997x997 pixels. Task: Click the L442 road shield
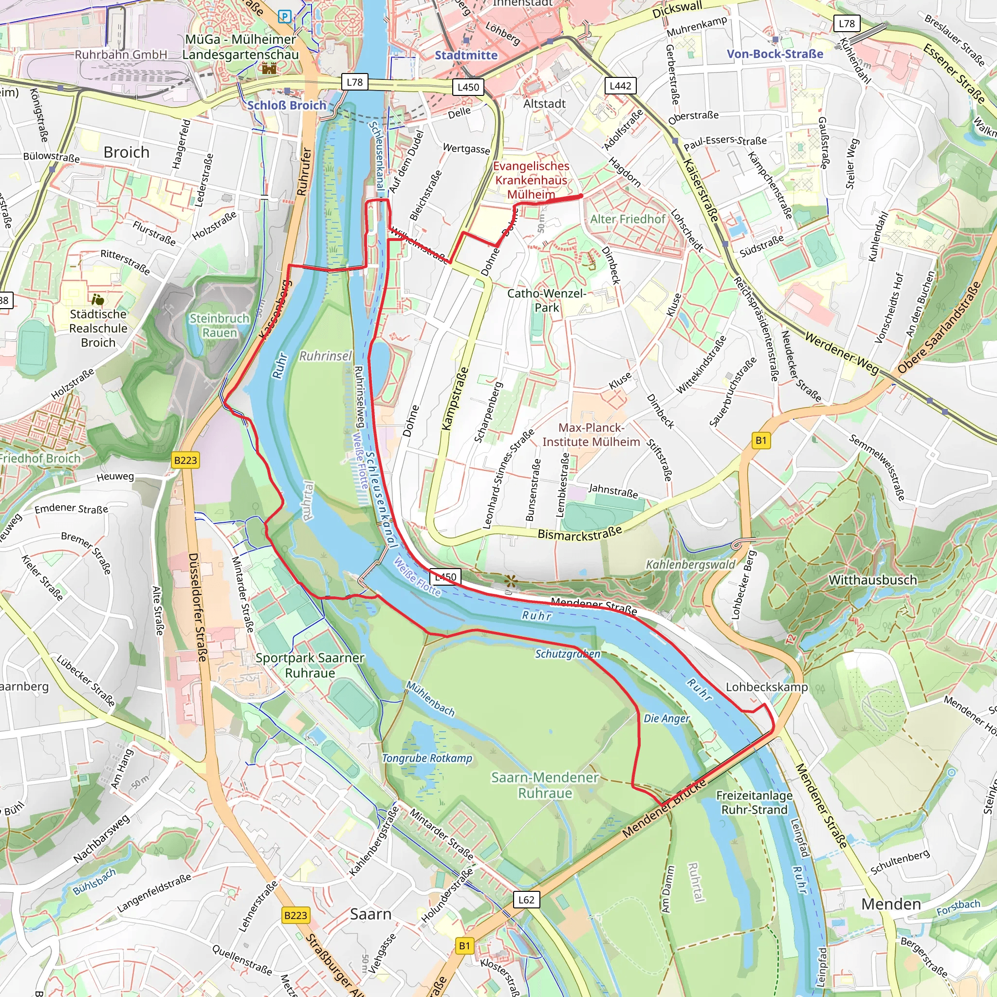tap(620, 86)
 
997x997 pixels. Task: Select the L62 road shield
tap(526, 900)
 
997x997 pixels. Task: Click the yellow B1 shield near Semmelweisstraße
tap(761, 440)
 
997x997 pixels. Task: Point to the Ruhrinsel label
tap(325, 356)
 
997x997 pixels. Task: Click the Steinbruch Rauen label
tap(220, 325)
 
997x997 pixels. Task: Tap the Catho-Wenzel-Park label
tap(547, 300)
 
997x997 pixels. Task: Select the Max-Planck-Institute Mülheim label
tap(591, 435)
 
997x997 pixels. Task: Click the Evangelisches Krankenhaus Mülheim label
tap(531, 180)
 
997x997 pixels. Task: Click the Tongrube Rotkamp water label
tap(427, 758)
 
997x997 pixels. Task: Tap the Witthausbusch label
tap(873, 579)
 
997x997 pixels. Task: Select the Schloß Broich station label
tap(287, 105)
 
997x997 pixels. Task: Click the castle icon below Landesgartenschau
tap(269, 68)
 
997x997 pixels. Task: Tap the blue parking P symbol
tap(284, 17)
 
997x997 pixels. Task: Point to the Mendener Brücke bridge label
tap(664, 809)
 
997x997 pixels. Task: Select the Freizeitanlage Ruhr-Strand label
tap(754, 802)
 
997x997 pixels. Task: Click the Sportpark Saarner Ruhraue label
tap(310, 665)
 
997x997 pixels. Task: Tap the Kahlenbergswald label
tap(690, 565)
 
